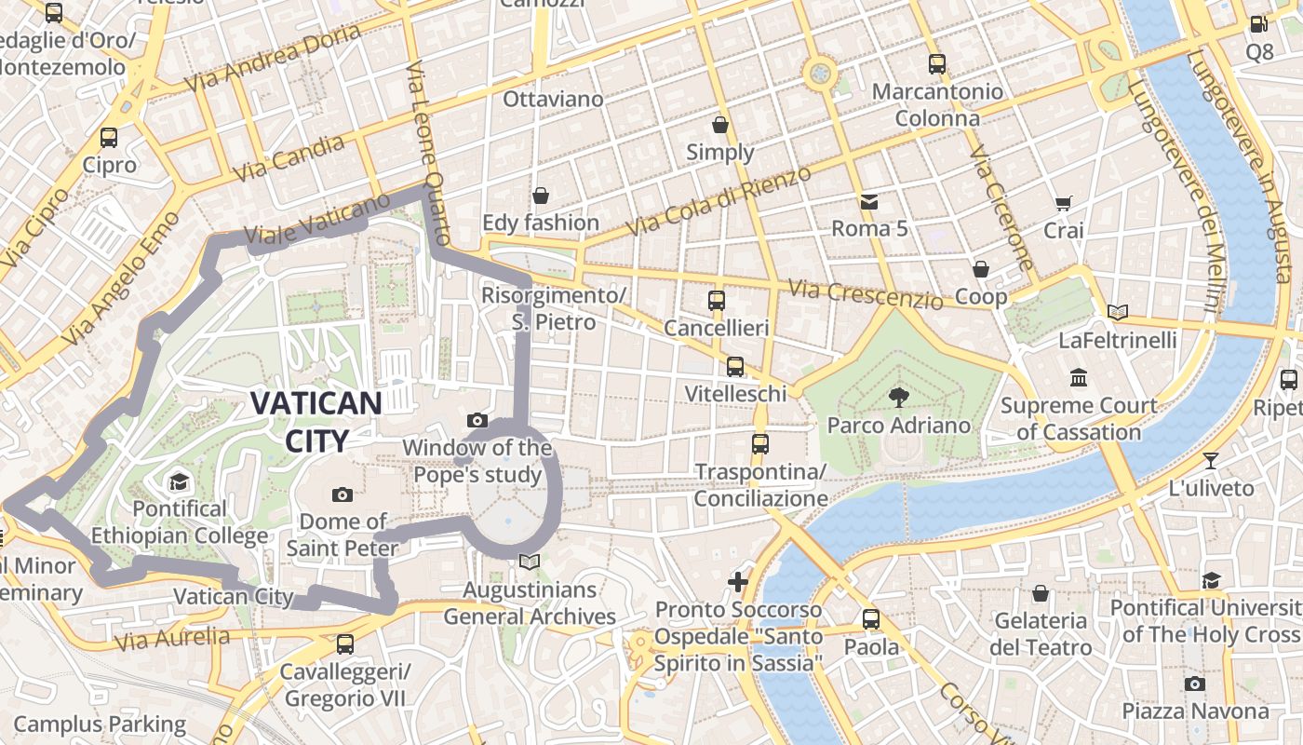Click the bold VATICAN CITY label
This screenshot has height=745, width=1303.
[x=316, y=422]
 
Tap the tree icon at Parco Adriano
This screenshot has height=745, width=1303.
[x=899, y=398]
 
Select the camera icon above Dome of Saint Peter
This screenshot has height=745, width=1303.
[x=342, y=494]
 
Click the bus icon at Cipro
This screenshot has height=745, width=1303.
[x=109, y=138]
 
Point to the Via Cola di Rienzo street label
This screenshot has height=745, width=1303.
[x=712, y=202]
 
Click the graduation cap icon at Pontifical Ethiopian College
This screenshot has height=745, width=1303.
[x=179, y=481]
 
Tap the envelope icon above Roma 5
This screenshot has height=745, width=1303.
[x=868, y=201]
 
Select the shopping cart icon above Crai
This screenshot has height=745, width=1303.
[x=1064, y=203]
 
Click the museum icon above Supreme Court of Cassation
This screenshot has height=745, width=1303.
[x=1079, y=378]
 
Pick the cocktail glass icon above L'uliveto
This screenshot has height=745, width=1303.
[x=1210, y=460]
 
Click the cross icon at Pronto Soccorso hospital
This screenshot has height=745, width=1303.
[x=738, y=583]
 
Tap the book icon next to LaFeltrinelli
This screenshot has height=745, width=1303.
[x=1118, y=313]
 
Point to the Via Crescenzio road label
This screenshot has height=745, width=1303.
[x=865, y=294]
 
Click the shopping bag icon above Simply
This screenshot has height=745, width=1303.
[x=719, y=125]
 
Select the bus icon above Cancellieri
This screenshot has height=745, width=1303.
[x=716, y=301]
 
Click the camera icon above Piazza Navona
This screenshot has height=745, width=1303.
[x=1195, y=684]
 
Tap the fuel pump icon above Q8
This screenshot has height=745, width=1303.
[x=1258, y=25]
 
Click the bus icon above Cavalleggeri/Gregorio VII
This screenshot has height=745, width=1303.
[x=345, y=643]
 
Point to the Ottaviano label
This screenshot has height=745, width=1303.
[x=553, y=99]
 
